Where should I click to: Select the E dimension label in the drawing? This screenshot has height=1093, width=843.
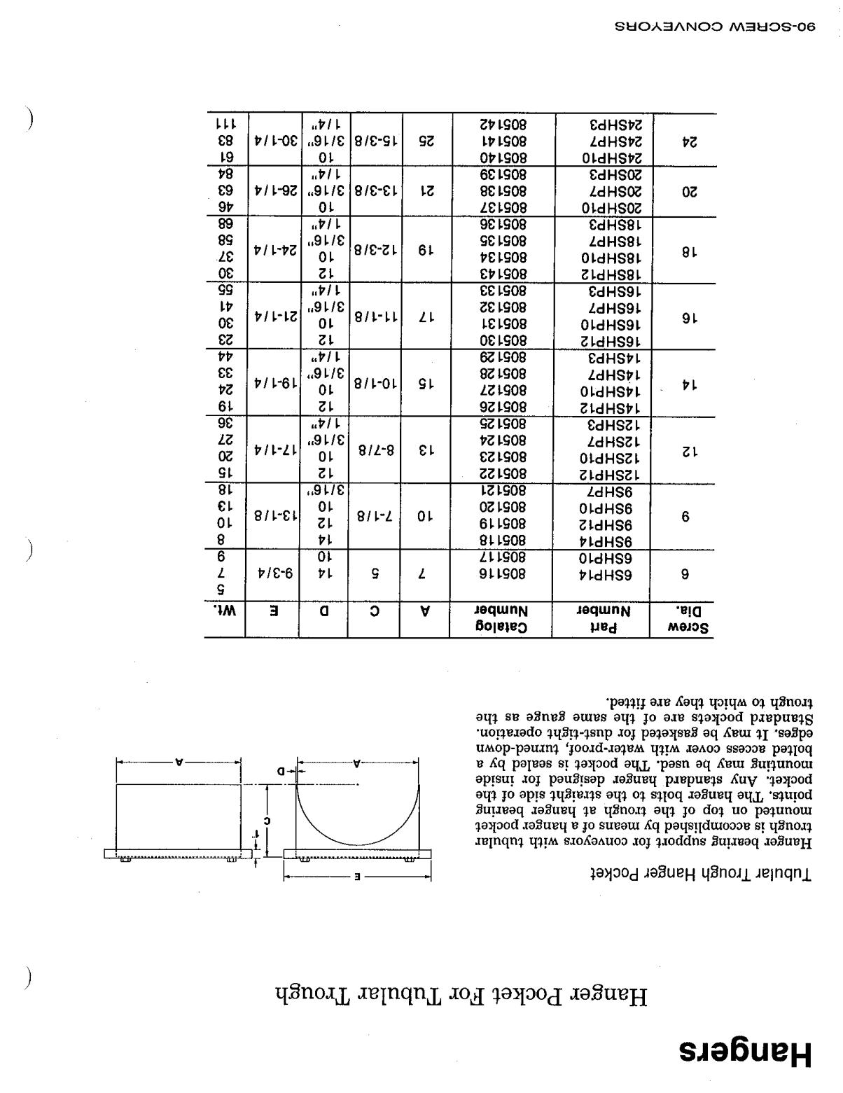pyautogui.click(x=358, y=877)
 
